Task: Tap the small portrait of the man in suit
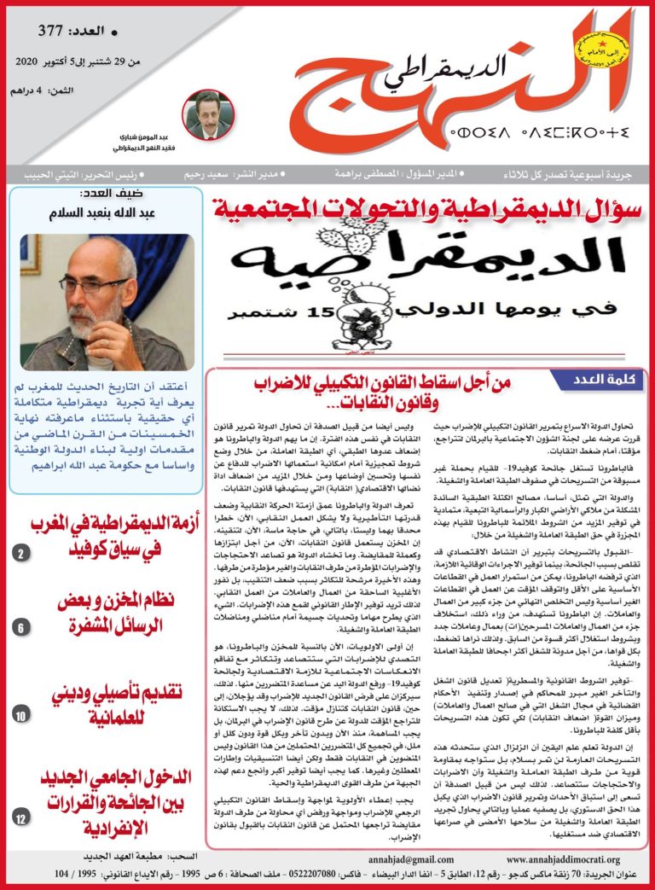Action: coord(207,114)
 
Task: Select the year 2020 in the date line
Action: coord(32,62)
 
